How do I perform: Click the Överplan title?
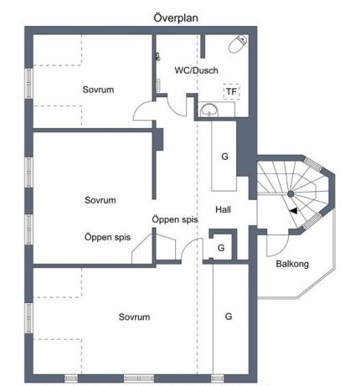pyautogui.click(x=176, y=18)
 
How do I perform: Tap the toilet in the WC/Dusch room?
pyautogui.click(x=238, y=44)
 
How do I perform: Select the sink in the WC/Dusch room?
pyautogui.click(x=210, y=110)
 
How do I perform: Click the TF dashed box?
pyautogui.click(x=232, y=91)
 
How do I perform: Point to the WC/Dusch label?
pyautogui.click(x=196, y=70)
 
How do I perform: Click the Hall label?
pyautogui.click(x=223, y=209)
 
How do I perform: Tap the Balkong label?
pyautogui.click(x=292, y=264)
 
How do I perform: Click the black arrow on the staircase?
pyautogui.click(x=293, y=211)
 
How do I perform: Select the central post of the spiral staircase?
pyautogui.click(x=291, y=193)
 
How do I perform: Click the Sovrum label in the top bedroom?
pyautogui.click(x=98, y=90)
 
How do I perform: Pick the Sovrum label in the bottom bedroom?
pyautogui.click(x=134, y=317)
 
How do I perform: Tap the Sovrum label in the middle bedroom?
pyautogui.click(x=100, y=200)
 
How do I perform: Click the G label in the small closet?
pyautogui.click(x=221, y=248)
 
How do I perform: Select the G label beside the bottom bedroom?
pyautogui.click(x=229, y=317)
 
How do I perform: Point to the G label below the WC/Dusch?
pyautogui.click(x=224, y=157)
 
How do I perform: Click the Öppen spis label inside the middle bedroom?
pyautogui.click(x=107, y=237)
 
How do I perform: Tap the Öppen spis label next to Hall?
pyautogui.click(x=175, y=219)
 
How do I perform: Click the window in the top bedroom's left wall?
pyautogui.click(x=28, y=84)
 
